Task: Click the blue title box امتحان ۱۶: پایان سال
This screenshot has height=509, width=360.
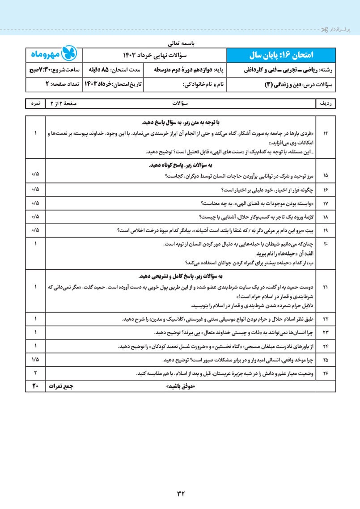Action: pos(280,55)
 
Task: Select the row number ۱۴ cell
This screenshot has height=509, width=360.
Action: pos(325,134)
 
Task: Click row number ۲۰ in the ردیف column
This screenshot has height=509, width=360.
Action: pos(325,244)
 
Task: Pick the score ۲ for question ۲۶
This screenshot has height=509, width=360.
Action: pos(35,372)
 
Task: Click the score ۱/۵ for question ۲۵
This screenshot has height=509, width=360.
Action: pos(35,359)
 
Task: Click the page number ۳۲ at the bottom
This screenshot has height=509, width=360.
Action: pos(180,493)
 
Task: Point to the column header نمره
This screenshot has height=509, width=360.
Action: pos(35,103)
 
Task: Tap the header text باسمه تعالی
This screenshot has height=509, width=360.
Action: pos(180,44)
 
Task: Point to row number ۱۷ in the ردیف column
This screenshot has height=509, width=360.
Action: pos(325,204)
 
